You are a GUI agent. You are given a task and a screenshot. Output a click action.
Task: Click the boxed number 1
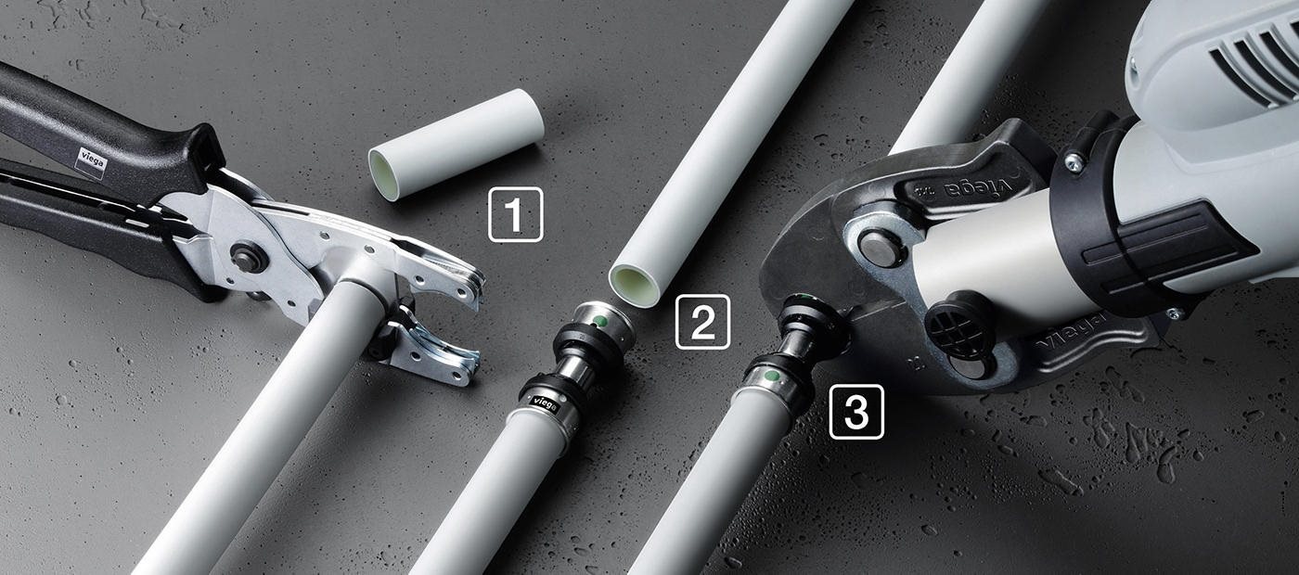tap(516, 214)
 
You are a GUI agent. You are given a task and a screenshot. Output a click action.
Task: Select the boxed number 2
tap(703, 322)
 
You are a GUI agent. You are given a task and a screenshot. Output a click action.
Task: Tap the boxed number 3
tap(856, 412)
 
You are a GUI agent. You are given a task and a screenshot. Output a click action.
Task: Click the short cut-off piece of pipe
tap(457, 145)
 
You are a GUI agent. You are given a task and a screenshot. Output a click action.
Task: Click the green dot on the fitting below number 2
tap(601, 321)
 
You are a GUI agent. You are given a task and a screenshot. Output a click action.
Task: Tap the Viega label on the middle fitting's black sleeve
tap(545, 402)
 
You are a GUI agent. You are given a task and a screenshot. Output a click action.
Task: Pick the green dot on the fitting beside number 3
tap(771, 377)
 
